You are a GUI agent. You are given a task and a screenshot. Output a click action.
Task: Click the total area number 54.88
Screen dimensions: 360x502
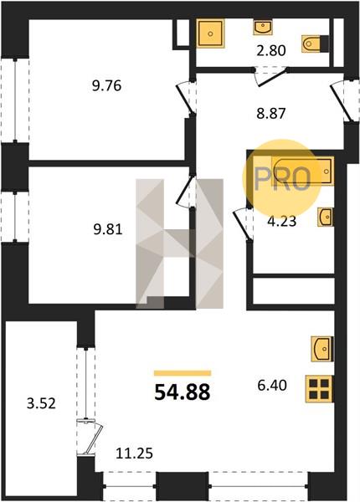pos(183,392)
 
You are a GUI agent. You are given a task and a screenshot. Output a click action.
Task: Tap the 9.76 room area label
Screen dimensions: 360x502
pos(106,86)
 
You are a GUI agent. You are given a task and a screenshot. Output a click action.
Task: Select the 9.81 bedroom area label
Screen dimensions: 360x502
pos(108,229)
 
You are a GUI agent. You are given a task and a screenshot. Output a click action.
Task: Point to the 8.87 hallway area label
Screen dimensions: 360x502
pos(271,113)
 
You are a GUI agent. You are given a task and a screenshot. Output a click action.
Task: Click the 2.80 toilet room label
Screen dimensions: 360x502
pos(271,50)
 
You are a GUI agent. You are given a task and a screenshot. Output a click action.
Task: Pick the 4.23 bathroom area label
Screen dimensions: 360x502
pos(282,221)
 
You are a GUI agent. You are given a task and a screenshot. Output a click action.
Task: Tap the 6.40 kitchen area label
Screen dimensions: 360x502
pos(272,385)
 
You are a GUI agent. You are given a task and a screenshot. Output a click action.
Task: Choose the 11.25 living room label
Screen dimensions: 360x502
pos(134,453)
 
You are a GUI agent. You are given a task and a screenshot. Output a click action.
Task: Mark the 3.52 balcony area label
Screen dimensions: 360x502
pos(41,404)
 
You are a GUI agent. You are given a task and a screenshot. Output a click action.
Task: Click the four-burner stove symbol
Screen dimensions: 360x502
pos(319,389)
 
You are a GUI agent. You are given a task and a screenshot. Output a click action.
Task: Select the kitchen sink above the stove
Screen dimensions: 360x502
pos(321,349)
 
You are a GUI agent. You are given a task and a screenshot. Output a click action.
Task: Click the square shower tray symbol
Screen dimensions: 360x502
pos(210,33)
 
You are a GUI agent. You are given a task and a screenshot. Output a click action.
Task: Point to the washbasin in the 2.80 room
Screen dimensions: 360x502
pos(263,27)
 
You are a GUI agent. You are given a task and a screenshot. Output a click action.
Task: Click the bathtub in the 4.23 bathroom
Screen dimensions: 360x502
pos(302,171)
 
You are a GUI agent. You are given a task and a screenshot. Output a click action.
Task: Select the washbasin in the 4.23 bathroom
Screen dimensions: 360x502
pos(326,217)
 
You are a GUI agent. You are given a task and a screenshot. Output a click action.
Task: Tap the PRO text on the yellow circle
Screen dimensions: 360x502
pos(282,179)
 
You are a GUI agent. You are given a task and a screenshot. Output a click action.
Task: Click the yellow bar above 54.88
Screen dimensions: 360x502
pos(183,372)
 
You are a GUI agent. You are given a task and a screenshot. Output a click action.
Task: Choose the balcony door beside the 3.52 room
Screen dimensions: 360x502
pos(90,438)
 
